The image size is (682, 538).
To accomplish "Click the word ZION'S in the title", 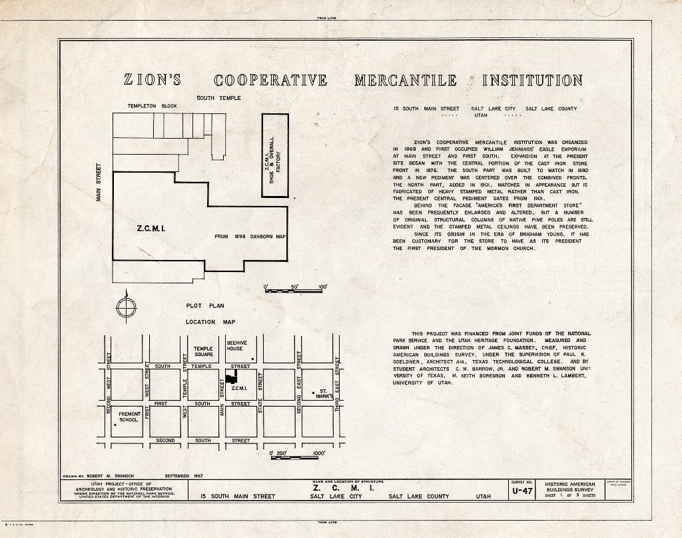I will [153, 81].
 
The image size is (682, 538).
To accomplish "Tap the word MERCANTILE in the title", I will [405, 81].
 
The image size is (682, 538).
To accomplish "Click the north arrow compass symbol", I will [125, 308].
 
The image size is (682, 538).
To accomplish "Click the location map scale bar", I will [295, 458].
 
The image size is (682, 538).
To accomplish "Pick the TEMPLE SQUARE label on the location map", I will [203, 351].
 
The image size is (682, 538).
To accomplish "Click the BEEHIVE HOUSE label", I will [236, 345].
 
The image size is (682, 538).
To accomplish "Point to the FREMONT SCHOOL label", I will [129, 417].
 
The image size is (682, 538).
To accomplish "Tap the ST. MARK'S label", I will [322, 393].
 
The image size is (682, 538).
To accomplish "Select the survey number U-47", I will [521, 491].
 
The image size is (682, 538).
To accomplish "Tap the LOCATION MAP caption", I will [200, 322].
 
